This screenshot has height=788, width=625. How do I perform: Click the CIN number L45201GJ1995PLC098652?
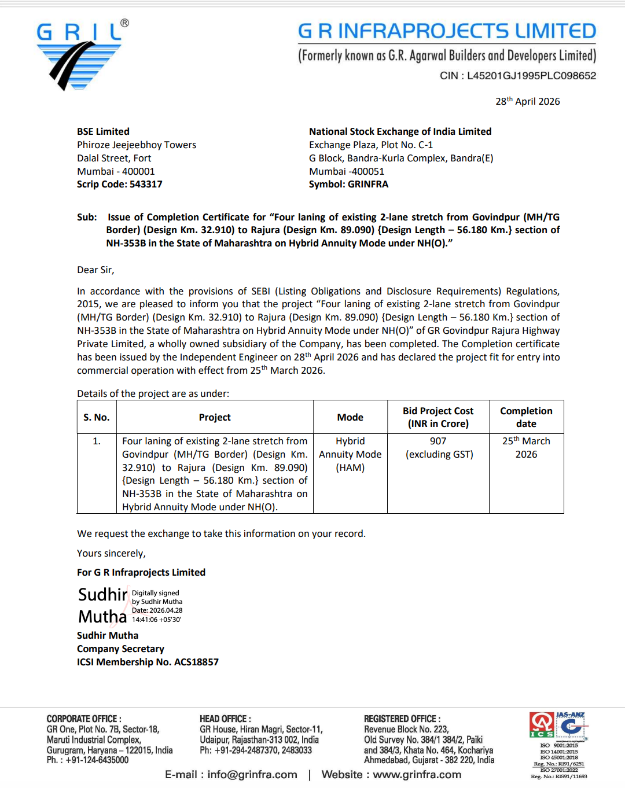pos(531,76)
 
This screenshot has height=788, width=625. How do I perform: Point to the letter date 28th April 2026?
pos(527,101)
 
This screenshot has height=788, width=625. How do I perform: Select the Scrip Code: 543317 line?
pos(120,184)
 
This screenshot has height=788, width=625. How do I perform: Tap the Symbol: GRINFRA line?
pos(348,184)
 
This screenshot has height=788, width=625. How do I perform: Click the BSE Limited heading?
pos(103,131)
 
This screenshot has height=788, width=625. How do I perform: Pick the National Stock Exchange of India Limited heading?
pos(400,131)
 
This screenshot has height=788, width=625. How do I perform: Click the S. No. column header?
pos(96,417)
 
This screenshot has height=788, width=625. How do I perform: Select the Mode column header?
pos(350,417)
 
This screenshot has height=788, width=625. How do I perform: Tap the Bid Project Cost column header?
pos(438,417)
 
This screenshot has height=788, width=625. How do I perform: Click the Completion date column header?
pos(526,417)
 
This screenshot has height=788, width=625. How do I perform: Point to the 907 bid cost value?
pos(438,441)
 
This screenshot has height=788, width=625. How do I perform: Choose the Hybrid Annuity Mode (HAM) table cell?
pos(350,454)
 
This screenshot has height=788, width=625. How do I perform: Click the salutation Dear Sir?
pos(95,270)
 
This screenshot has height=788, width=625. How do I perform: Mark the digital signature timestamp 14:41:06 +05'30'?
pos(156,620)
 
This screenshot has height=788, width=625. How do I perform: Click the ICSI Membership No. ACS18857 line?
pos(148,662)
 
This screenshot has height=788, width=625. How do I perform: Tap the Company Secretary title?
pos(120,649)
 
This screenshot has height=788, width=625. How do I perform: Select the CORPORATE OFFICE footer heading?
pos(84,719)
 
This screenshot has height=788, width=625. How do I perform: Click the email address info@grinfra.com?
pos(252,775)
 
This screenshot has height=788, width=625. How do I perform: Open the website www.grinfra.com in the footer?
pos(417,775)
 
